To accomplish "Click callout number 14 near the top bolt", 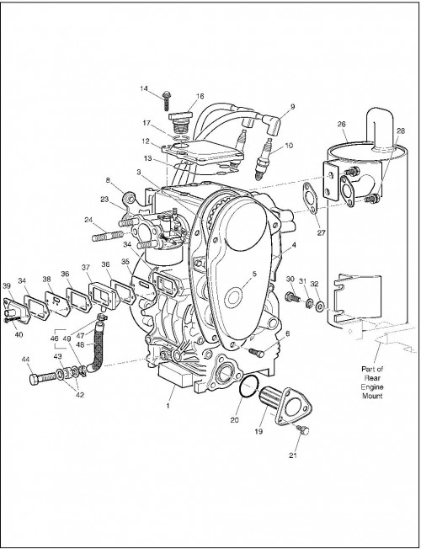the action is point(144,88).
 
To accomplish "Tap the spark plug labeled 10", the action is point(264,159).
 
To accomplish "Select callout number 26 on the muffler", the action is point(342,124).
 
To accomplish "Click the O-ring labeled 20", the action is point(248,386).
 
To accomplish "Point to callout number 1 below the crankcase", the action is point(168,406).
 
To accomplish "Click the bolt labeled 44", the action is point(43,378).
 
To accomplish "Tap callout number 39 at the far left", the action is point(7,285).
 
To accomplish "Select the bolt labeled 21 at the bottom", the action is point(304,429).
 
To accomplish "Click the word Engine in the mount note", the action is point(372,386).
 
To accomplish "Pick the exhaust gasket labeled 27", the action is point(310,198).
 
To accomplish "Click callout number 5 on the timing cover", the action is point(254,274).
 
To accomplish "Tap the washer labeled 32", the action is point(319,307).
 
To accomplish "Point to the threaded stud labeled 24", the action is point(107,235).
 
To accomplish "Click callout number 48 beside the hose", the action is point(80,344).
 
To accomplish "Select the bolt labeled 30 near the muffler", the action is point(293,297).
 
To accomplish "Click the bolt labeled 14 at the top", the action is point(167,100).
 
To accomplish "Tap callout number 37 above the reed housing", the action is point(86,268).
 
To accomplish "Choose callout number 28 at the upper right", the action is point(401,131).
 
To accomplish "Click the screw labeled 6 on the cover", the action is point(256,352).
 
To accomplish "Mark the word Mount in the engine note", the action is point(372,396).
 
